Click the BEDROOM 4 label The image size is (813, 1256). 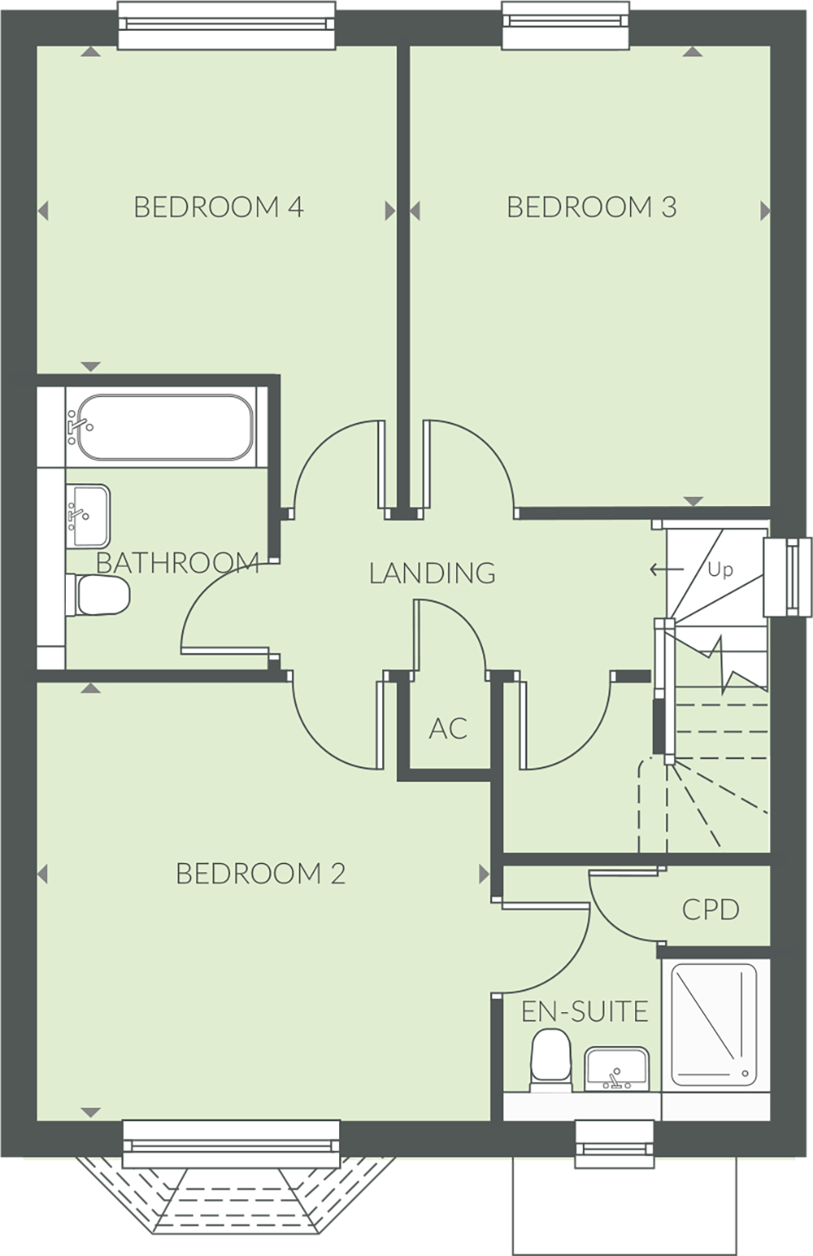coord(218,207)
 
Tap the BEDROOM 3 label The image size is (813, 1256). coord(591,207)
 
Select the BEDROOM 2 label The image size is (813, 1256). coord(260,874)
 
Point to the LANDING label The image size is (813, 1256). coord(432,573)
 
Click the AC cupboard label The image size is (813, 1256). coord(448,729)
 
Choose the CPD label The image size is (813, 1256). coord(711,909)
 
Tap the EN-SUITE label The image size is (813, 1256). coord(585,1012)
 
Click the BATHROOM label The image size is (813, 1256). coord(177,562)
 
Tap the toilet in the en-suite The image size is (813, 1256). coord(550,1059)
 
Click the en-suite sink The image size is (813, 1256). coord(615,1068)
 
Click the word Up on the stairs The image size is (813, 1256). coord(720,569)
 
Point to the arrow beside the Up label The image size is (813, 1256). coord(666,569)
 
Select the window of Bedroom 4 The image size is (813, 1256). coord(227,25)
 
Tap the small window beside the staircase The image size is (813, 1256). coord(788,576)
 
